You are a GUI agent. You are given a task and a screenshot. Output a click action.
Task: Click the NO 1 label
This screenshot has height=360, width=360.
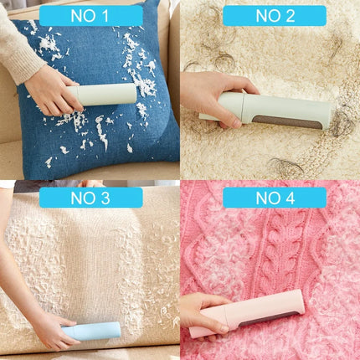(x=90, y=15)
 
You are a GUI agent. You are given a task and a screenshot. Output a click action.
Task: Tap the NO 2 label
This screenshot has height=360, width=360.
(x=274, y=15)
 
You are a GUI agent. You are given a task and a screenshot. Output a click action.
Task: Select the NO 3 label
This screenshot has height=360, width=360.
(x=90, y=198)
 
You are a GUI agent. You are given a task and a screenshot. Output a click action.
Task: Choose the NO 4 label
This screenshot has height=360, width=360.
(x=274, y=198)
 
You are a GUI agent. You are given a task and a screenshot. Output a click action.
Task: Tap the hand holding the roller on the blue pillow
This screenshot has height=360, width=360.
(x=52, y=90)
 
